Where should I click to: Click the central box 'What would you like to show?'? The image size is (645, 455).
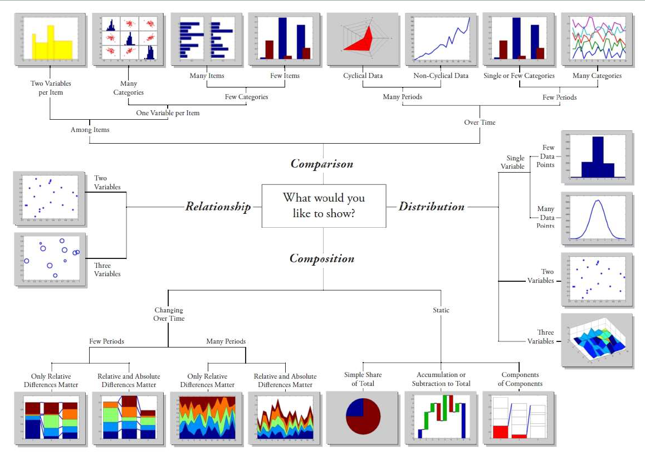[x=324, y=206]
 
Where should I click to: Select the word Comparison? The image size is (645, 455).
[x=322, y=164]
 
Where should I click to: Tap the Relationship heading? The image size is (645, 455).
[x=218, y=207]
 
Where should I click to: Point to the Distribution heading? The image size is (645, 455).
[x=431, y=207]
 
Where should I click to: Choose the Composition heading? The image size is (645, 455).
[x=322, y=258]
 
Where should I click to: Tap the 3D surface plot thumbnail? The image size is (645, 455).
[x=597, y=340]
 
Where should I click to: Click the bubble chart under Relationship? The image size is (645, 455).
[x=51, y=259]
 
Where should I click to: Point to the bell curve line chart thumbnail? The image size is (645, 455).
[x=597, y=219]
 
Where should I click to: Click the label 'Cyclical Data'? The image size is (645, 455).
[x=363, y=76]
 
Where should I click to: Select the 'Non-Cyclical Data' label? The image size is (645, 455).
[x=441, y=76]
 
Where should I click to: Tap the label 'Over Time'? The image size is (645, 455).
[x=480, y=122]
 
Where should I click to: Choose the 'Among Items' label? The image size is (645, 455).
[x=90, y=130]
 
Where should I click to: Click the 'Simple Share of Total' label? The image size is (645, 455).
[x=363, y=379]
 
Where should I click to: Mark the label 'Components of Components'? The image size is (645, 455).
[x=520, y=379]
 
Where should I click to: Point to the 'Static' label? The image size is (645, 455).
[x=441, y=310]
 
